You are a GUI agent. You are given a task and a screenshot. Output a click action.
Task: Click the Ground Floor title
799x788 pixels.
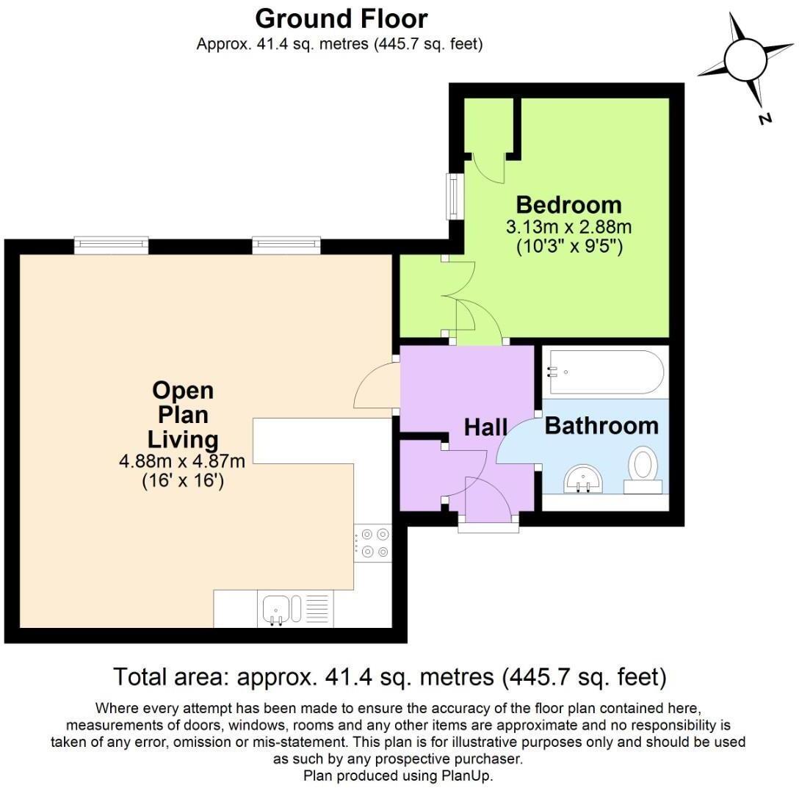(341, 18)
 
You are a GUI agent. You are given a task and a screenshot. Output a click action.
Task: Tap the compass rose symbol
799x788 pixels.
(745, 58)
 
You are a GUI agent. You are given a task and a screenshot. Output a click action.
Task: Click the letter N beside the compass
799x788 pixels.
(765, 118)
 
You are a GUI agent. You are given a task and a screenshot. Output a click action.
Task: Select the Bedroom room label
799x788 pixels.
(568, 204)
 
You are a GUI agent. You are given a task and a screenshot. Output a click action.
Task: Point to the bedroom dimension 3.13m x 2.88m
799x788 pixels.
(568, 227)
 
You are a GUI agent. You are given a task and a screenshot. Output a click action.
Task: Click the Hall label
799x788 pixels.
(486, 427)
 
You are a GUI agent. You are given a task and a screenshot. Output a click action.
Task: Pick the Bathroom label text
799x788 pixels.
(601, 425)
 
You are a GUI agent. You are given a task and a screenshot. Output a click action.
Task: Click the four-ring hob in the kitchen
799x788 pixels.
(373, 543)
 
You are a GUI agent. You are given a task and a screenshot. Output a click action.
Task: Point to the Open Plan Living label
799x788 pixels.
(183, 415)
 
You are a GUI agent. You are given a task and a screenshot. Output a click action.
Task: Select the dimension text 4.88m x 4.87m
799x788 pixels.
(182, 462)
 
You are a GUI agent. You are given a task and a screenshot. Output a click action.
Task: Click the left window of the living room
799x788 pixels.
(112, 245)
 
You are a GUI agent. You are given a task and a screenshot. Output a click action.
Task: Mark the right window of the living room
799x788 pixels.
(286, 245)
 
